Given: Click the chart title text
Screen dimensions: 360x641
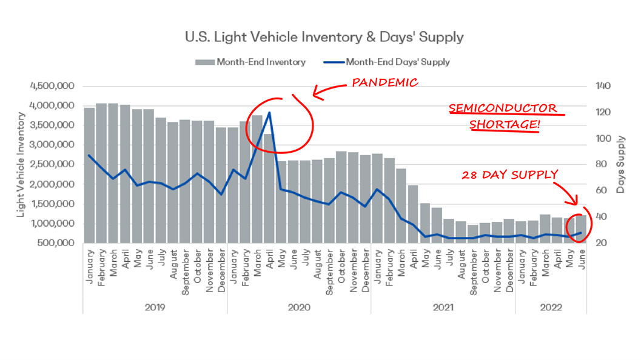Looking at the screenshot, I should (324, 37).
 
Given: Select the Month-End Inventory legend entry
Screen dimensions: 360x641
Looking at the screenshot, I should (250, 62).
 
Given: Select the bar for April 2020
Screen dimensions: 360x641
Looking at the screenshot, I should (269, 188).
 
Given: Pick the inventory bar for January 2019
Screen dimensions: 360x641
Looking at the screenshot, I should (89, 176).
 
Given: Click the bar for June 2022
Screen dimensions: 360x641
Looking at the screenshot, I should (581, 229).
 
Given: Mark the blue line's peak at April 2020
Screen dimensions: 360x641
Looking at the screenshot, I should (269, 113).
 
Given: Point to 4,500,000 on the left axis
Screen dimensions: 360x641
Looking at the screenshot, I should (52, 86).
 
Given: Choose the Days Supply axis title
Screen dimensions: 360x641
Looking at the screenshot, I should (620, 165).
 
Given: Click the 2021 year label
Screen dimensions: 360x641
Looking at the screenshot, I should (443, 307).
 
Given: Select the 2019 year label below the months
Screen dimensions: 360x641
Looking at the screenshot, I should (155, 307).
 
